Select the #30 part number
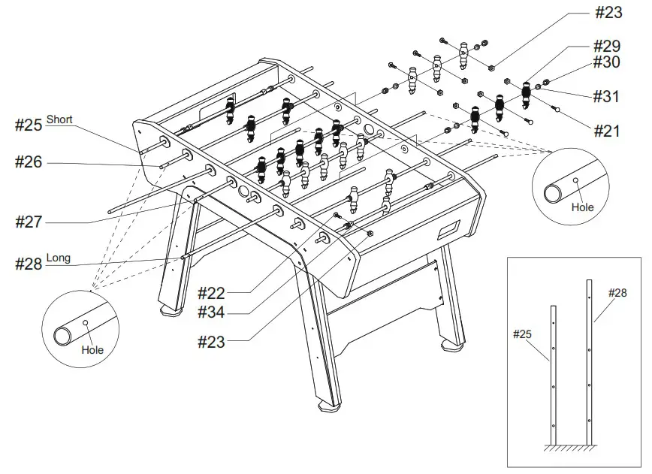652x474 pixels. (606, 63)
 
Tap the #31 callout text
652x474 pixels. (606, 96)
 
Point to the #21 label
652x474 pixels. (606, 131)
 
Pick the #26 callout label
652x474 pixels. (29, 162)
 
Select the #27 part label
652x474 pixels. (29, 222)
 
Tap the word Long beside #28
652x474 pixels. (59, 258)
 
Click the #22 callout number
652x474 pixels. (212, 292)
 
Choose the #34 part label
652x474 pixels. (212, 311)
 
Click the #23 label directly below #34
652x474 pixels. (212, 343)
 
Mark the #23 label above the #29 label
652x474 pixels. (606, 13)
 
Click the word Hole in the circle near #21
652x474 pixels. (581, 207)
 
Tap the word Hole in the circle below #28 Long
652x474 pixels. (92, 350)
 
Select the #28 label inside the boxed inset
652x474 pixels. (617, 292)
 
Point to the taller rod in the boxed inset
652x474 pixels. (590, 361)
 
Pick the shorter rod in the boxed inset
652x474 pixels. (554, 376)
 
